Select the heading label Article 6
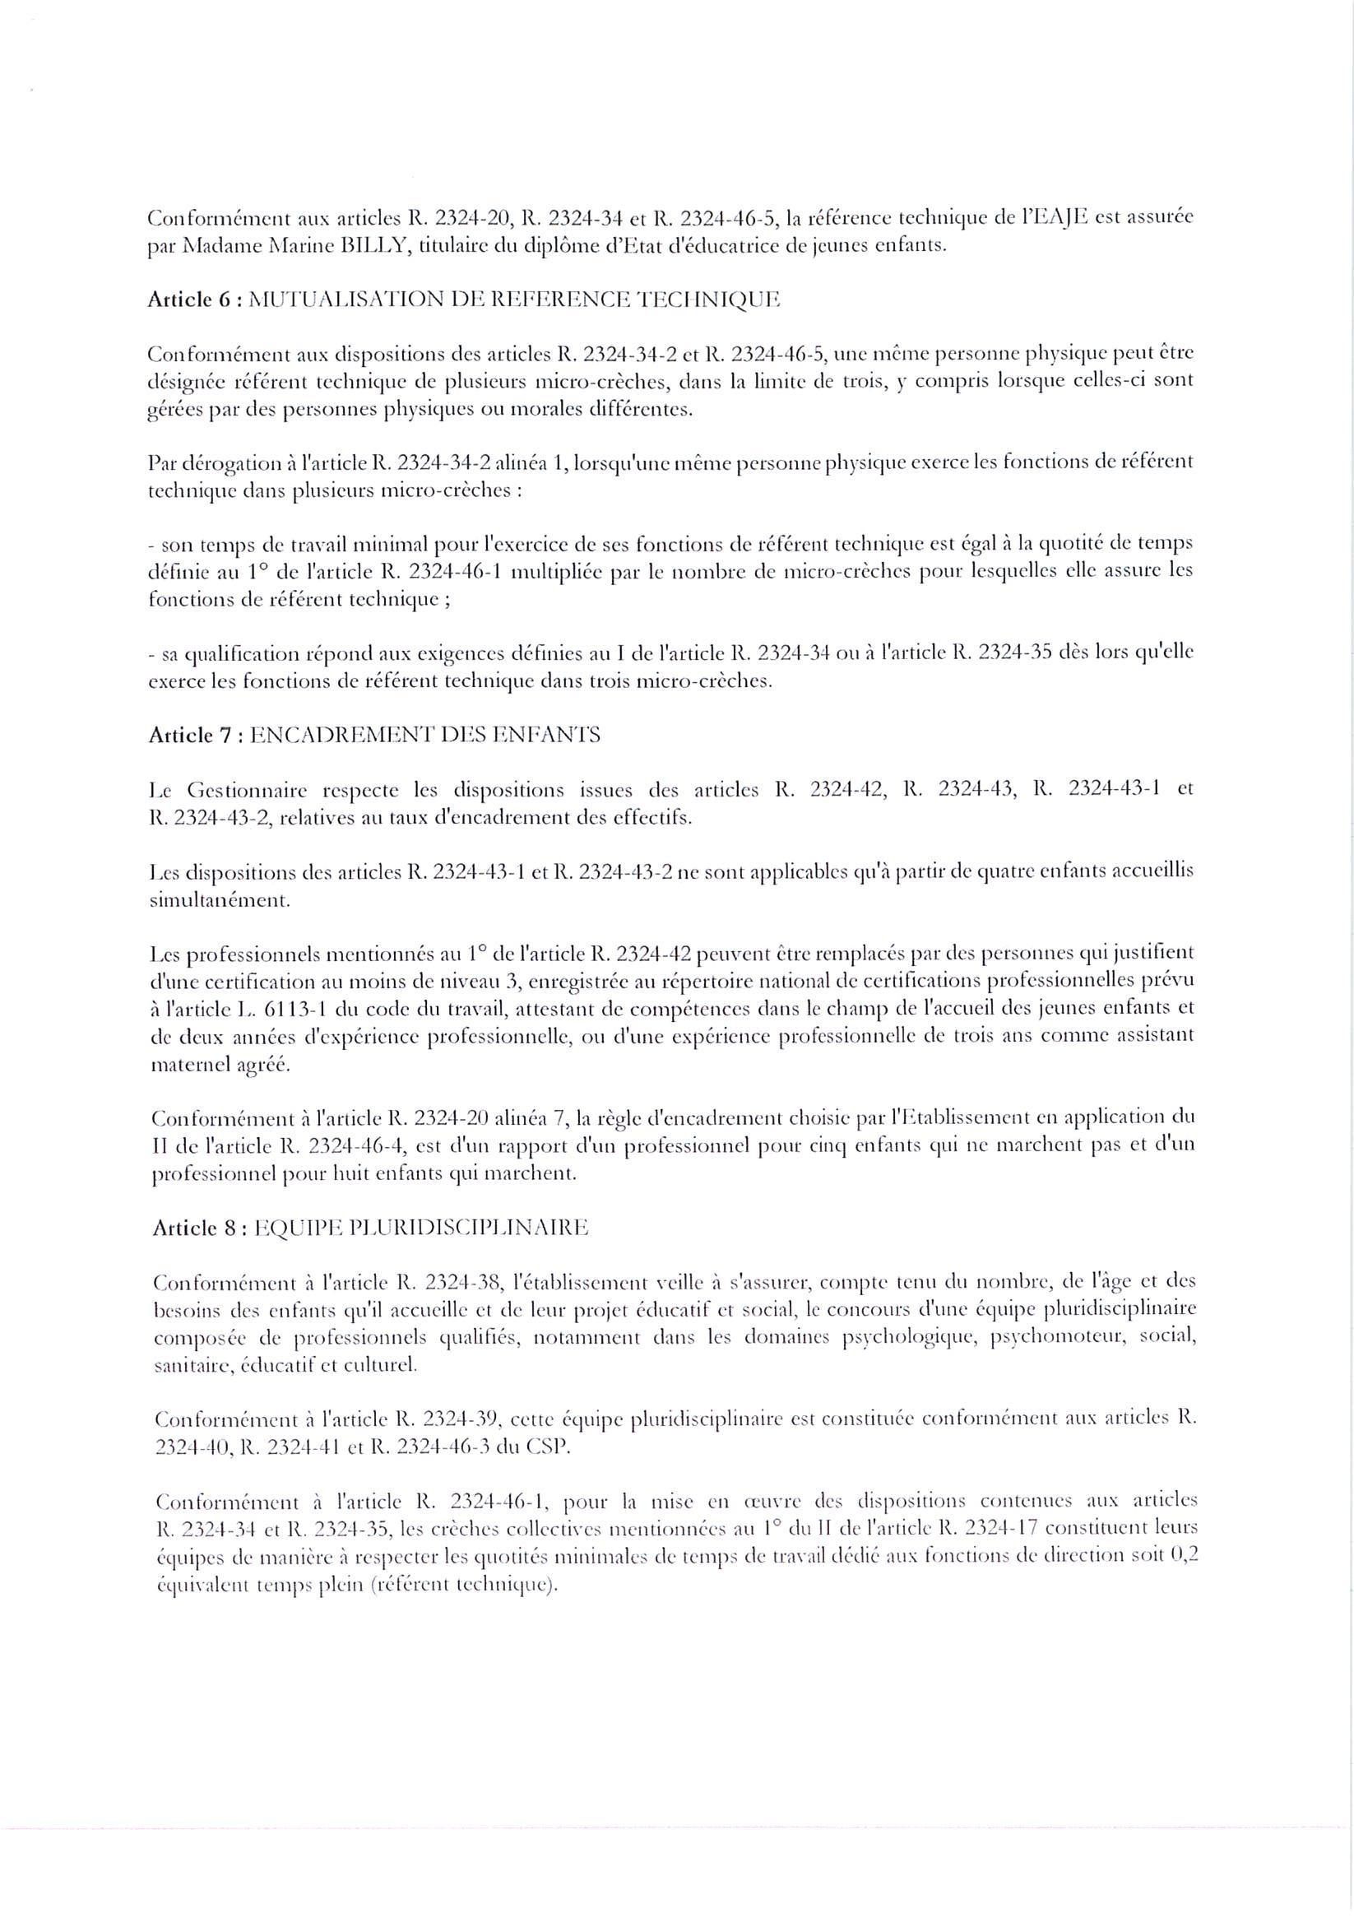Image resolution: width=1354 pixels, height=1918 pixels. [183, 300]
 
